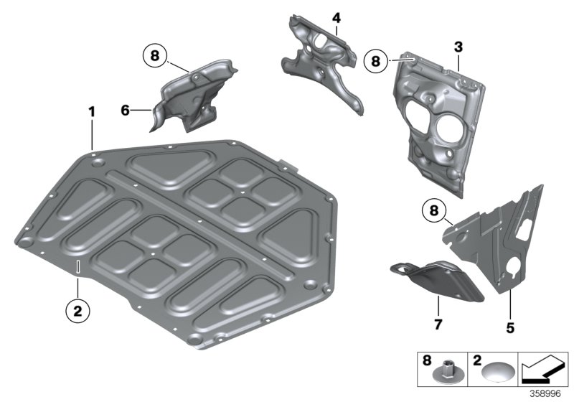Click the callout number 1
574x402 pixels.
pos(92,112)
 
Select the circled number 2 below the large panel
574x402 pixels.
pos(77,312)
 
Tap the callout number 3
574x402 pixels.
pos(458,47)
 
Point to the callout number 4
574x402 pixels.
pos(337,18)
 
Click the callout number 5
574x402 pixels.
pos(510,327)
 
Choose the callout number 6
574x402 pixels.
pos(125,111)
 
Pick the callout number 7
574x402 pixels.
pos(438,324)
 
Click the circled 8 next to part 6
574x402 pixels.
pos(155,56)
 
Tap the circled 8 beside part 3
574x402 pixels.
pos(375,61)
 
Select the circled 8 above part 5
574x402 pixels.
pos(434,211)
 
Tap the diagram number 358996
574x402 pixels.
pos(545,394)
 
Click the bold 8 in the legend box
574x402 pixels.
pos(427,360)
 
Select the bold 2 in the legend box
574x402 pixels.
pos(476,360)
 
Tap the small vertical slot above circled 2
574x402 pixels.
pos(77,266)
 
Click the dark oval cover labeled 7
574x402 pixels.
pos(438,280)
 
